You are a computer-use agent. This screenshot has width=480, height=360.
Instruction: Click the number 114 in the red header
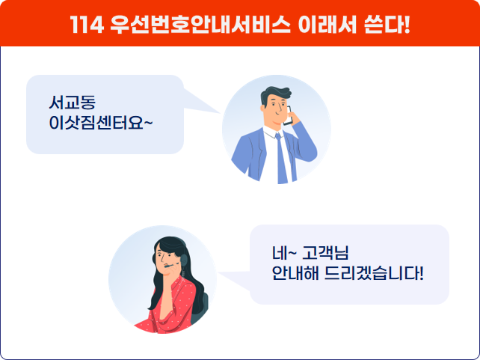coord(87,24)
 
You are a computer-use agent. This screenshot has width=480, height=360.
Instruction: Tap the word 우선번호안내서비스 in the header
coord(200,24)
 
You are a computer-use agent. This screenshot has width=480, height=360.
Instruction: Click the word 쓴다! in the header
coord(387,24)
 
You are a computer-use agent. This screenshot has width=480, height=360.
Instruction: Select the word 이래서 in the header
coord(327,24)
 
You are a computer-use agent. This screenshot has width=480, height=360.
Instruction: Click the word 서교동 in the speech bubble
coord(73,103)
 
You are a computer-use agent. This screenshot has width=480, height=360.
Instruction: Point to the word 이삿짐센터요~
coord(101,123)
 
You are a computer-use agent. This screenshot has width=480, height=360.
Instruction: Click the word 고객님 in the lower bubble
coord(325,253)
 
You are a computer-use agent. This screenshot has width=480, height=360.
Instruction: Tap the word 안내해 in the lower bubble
coord(295,273)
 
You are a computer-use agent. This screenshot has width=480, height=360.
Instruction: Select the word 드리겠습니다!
coord(374,273)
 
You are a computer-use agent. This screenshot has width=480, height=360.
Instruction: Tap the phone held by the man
coord(289,116)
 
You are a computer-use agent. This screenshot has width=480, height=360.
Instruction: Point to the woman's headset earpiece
coord(183,260)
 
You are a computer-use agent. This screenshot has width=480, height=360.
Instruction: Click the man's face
coord(274,109)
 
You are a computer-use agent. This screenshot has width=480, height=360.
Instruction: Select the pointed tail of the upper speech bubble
coord(220,113)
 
